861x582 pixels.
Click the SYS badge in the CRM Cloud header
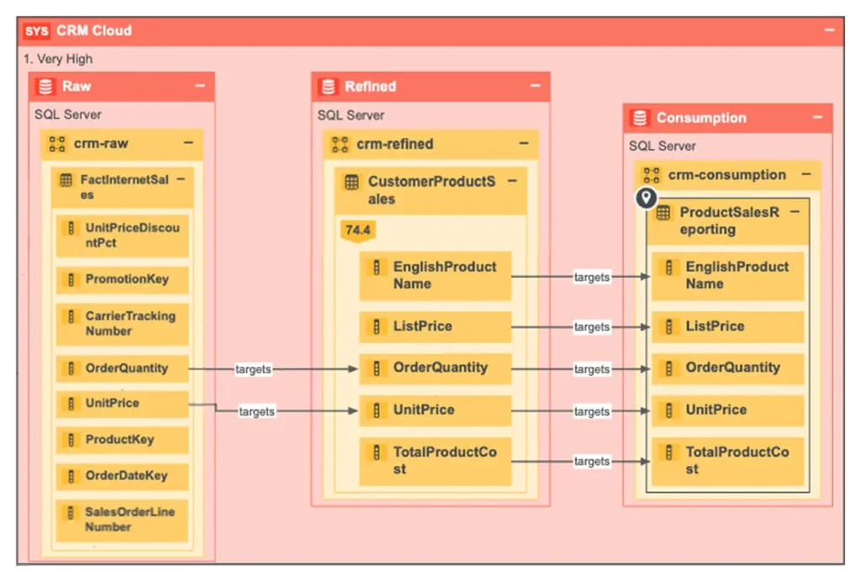(x=36, y=31)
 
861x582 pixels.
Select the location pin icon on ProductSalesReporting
(x=646, y=198)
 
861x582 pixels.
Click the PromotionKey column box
(x=123, y=280)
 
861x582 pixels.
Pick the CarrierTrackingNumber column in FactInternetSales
(x=123, y=324)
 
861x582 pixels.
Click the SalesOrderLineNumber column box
(x=123, y=519)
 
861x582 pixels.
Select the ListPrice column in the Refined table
(x=435, y=326)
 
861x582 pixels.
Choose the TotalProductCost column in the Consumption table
(x=727, y=461)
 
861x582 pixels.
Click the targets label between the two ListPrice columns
(x=591, y=327)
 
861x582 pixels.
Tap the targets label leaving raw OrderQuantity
(x=253, y=369)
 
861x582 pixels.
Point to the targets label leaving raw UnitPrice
(x=256, y=411)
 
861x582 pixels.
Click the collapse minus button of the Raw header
(x=200, y=86)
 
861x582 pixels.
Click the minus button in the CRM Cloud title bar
(x=829, y=30)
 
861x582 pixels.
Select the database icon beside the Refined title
(x=329, y=87)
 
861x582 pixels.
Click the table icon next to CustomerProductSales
(x=352, y=182)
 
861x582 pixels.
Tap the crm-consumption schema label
(x=726, y=175)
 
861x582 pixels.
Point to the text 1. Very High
(x=59, y=59)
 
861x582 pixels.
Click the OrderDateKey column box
(x=123, y=475)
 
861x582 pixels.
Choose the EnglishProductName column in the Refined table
(x=435, y=275)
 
